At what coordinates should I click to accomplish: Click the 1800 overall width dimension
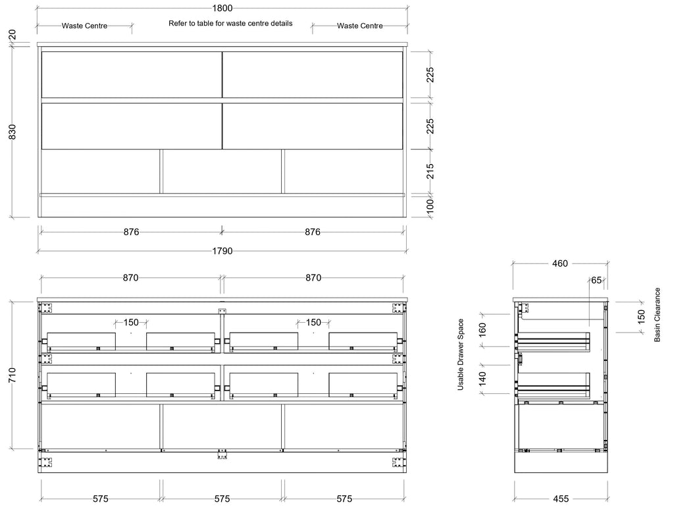point(222,8)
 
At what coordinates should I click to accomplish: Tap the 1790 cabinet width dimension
point(222,251)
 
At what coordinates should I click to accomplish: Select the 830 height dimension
point(13,132)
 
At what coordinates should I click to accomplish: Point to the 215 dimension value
point(430,171)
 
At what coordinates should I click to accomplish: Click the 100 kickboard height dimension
point(430,205)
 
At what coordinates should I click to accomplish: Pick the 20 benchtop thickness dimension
point(13,34)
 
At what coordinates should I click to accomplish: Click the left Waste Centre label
point(84,26)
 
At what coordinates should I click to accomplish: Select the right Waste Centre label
point(360,26)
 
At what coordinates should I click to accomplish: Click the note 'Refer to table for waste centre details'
point(230,23)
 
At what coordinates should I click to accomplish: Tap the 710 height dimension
point(13,375)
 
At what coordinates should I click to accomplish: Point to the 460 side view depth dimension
point(559,263)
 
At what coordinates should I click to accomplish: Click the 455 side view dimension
point(561,499)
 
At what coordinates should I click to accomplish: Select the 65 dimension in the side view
point(596,280)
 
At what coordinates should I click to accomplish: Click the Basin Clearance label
point(658,315)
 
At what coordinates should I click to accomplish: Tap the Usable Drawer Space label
point(460,354)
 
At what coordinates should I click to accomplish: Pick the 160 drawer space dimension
point(482,330)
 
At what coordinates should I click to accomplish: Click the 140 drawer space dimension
point(482,378)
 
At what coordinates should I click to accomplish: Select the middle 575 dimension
point(222,499)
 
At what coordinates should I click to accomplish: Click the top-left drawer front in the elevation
point(132,75)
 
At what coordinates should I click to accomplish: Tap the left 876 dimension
point(131,232)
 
